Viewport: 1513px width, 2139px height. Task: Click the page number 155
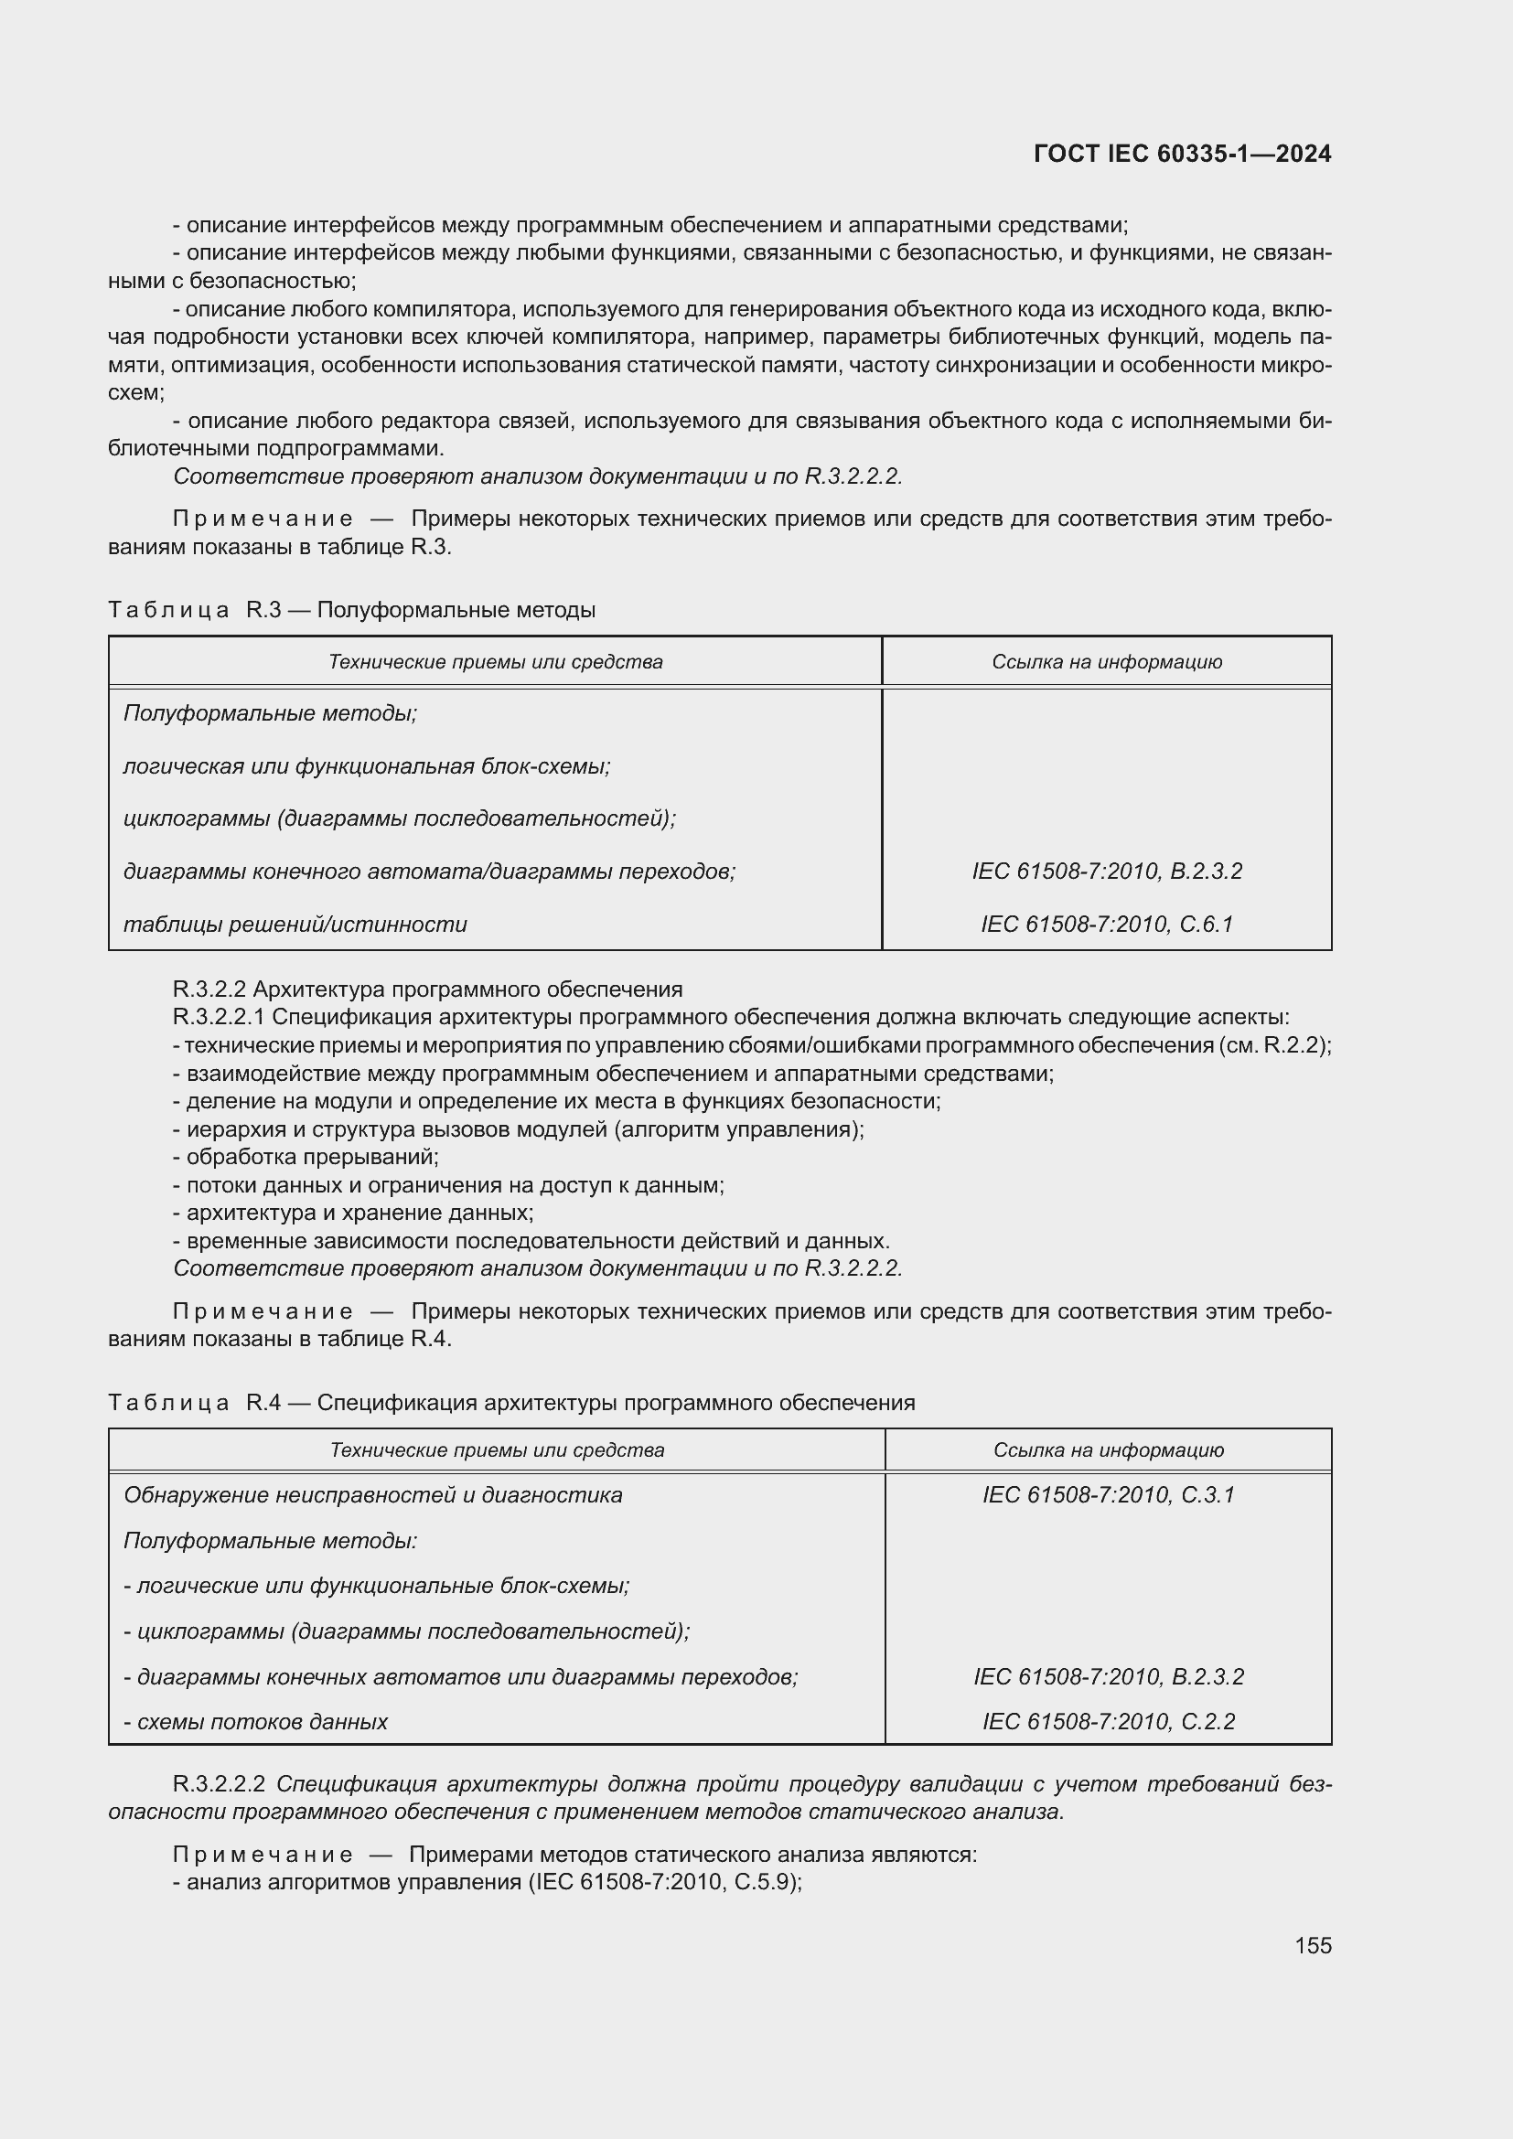point(1313,1945)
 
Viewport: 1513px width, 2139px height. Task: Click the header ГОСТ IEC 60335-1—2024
point(1181,154)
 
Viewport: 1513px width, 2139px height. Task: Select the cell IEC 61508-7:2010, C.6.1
point(1107,925)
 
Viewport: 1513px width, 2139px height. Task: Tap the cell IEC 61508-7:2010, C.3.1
point(1108,1495)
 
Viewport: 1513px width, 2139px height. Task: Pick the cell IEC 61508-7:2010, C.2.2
point(1108,1722)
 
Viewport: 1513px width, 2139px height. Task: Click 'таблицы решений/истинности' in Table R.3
point(295,925)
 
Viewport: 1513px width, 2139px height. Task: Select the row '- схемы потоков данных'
point(255,1722)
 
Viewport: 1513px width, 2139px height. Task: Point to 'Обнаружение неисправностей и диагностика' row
point(372,1495)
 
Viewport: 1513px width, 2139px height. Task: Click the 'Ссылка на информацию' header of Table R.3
point(1107,662)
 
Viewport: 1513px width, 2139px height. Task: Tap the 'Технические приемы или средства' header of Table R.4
point(497,1450)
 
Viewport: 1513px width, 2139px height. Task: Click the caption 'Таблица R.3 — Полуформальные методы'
point(352,610)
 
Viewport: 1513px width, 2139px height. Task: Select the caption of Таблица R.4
point(511,1403)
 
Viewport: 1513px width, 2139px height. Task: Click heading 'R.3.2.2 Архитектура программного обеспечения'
point(427,989)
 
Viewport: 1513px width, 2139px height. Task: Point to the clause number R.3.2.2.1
point(219,1016)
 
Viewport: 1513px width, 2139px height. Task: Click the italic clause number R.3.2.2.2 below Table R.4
point(219,1784)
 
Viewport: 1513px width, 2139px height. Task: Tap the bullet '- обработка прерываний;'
point(306,1157)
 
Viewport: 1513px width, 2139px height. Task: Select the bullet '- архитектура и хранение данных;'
point(353,1213)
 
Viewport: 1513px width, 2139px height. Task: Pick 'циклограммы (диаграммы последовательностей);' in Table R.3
point(400,818)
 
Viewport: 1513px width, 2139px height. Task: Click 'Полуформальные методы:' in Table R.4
point(270,1541)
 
